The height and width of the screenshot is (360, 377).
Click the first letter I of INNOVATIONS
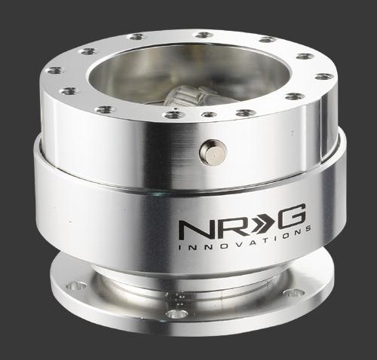click(x=179, y=247)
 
